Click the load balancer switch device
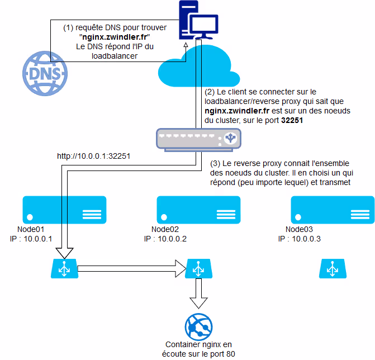199,136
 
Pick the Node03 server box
332,210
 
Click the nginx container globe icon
198,325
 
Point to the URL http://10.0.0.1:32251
93,156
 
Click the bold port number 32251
292,120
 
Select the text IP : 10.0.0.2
165,239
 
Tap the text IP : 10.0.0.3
300,239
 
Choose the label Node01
31,230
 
